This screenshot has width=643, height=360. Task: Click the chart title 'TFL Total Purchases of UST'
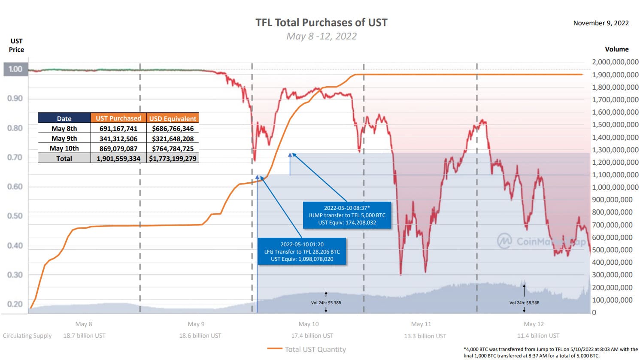pyautogui.click(x=321, y=22)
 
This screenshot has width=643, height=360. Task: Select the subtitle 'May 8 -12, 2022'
pyautogui.click(x=321, y=36)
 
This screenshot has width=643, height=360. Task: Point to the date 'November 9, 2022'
pyautogui.click(x=601, y=23)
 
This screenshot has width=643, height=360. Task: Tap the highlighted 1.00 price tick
pyautogui.click(x=15, y=69)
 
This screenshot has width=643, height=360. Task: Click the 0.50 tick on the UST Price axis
pyautogui.click(x=15, y=216)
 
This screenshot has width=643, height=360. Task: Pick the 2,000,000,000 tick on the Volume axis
pyautogui.click(x=615, y=62)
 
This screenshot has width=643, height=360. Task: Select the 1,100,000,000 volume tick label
pyautogui.click(x=615, y=175)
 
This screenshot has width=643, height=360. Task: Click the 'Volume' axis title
pyautogui.click(x=616, y=49)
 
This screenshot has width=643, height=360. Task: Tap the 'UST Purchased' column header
pyautogui.click(x=118, y=118)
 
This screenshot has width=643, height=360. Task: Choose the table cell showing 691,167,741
pyautogui.click(x=118, y=128)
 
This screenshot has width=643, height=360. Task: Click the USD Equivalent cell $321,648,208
pyautogui.click(x=173, y=139)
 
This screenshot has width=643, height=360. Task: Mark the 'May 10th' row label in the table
pyautogui.click(x=64, y=148)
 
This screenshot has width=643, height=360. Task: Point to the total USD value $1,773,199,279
pyautogui.click(x=173, y=158)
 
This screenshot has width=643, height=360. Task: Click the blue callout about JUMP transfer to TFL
pyautogui.click(x=347, y=215)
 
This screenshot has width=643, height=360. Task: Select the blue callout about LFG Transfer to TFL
pyautogui.click(x=302, y=252)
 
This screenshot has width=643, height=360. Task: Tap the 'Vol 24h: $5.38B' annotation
pyautogui.click(x=326, y=303)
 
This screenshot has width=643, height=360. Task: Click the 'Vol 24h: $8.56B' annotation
pyautogui.click(x=524, y=303)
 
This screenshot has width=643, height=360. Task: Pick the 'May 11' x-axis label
pyautogui.click(x=421, y=324)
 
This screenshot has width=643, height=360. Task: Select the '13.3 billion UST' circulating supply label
pyautogui.click(x=425, y=336)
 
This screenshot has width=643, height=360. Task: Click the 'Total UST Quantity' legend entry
pyautogui.click(x=315, y=349)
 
